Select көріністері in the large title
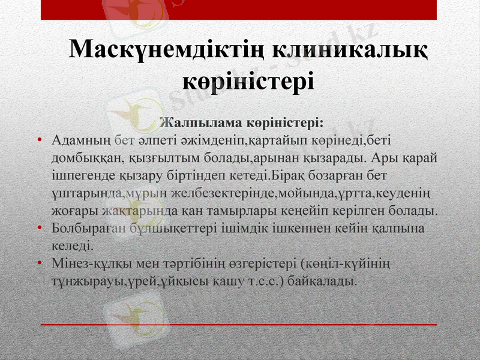248,80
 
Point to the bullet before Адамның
39,141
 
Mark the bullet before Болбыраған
39,229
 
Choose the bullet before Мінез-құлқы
39,264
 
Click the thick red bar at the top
240,10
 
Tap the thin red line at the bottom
240,325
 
